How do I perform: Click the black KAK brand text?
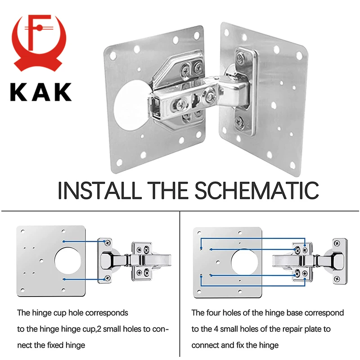(41, 91)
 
